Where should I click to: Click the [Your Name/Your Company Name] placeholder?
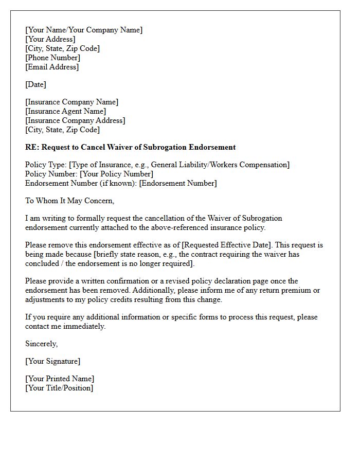(x=84, y=30)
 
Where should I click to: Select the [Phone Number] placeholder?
(x=52, y=58)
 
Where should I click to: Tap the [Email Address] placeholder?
(x=52, y=67)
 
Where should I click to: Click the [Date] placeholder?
(x=35, y=84)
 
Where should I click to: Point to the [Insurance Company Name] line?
(x=71, y=102)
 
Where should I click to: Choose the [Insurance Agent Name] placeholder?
(x=65, y=111)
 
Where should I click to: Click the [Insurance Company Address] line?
(x=75, y=120)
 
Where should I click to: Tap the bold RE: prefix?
(x=32, y=147)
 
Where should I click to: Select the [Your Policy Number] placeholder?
(x=116, y=174)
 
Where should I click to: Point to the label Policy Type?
(x=46, y=165)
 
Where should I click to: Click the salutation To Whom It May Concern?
(x=69, y=201)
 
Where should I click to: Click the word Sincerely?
(x=41, y=344)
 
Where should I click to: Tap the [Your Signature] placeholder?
(x=52, y=361)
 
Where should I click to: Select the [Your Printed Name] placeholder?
(x=60, y=379)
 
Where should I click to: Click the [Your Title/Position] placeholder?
(x=59, y=388)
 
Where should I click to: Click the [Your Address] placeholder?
(x=50, y=39)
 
